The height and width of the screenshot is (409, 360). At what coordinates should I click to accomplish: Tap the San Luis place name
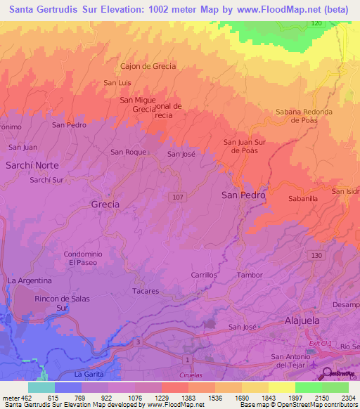tap(117, 83)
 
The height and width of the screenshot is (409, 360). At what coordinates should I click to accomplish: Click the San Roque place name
tap(128, 152)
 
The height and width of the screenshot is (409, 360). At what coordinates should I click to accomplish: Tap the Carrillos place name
tap(204, 275)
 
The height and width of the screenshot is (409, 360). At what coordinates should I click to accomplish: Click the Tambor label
tap(249, 275)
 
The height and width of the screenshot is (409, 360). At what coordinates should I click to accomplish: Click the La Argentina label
tap(30, 280)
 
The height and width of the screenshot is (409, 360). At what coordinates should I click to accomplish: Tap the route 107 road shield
tap(177, 197)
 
